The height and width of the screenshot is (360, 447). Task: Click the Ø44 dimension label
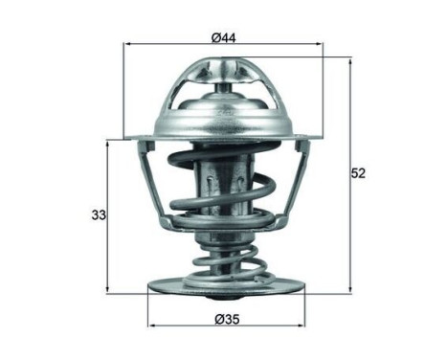click(x=224, y=37)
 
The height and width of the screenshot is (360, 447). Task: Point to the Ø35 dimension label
click(x=226, y=317)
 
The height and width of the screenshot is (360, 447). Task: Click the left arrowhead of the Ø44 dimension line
click(x=128, y=45)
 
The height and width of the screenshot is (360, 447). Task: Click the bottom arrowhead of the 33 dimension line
click(x=108, y=288)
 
